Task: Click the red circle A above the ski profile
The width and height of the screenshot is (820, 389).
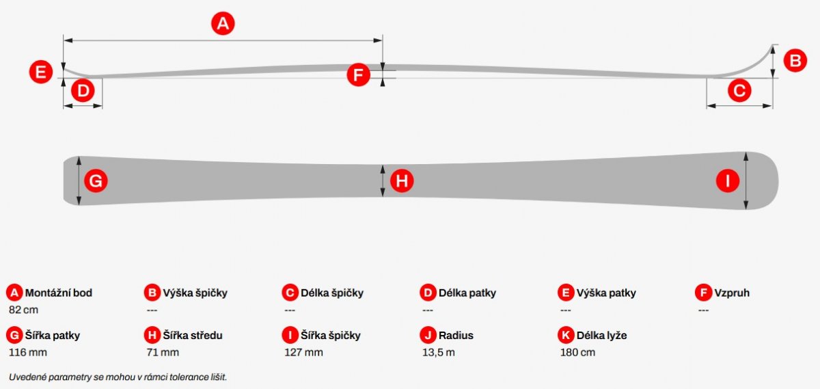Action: [223, 24]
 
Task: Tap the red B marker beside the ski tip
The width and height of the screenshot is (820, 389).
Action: [795, 60]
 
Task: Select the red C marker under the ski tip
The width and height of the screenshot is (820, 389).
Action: [739, 90]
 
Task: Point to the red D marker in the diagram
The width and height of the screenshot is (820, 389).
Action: [83, 90]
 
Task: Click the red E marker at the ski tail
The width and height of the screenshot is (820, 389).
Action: [40, 72]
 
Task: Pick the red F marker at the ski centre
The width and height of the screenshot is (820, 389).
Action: [358, 75]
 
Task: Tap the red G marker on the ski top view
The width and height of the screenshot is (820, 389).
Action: [96, 181]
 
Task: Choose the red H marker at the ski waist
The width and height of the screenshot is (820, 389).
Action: [402, 181]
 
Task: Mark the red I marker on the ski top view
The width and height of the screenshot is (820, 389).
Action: [728, 181]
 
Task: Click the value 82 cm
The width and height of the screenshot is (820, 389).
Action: [23, 310]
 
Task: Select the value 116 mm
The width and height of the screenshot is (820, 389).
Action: [28, 352]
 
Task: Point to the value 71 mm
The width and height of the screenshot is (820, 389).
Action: [163, 352]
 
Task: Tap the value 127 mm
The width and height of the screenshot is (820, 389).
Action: [304, 352]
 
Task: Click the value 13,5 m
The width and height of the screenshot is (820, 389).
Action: [439, 352]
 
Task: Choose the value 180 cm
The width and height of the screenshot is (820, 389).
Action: [577, 352]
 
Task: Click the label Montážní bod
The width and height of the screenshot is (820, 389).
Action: [59, 293]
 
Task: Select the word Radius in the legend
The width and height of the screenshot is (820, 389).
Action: [456, 336]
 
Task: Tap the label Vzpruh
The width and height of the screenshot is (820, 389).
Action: [732, 293]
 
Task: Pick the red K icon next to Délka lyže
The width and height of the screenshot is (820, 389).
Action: [566, 335]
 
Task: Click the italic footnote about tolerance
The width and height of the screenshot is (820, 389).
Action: [118, 377]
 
